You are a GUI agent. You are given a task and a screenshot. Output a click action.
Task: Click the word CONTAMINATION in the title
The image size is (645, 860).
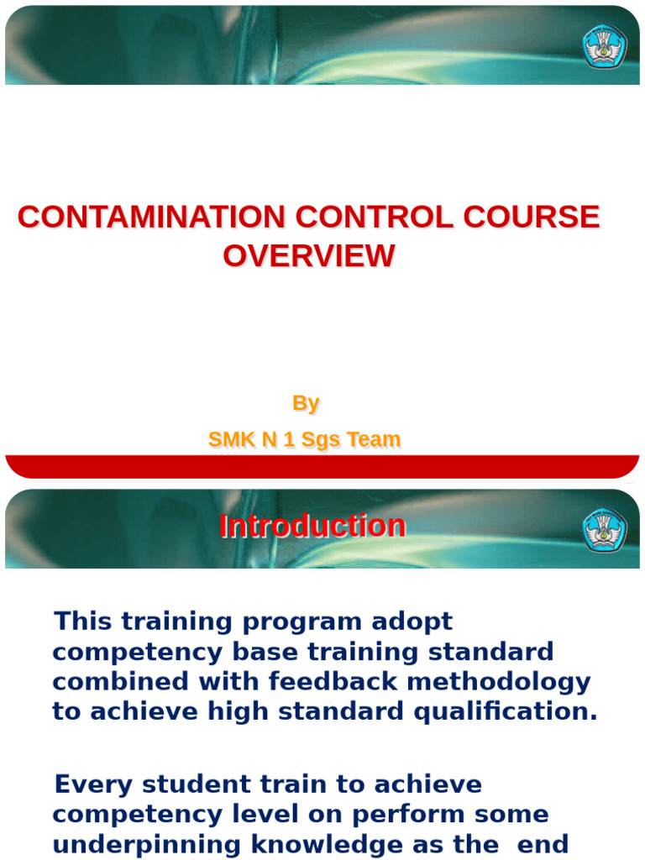[x=151, y=218]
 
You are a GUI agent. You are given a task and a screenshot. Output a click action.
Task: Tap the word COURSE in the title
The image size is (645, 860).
[x=531, y=218]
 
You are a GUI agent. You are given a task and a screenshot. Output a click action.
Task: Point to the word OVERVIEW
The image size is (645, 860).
[x=308, y=256]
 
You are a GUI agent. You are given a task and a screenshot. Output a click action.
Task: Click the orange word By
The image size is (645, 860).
[x=306, y=403]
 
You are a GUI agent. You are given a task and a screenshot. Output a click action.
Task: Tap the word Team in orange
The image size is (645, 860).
[x=375, y=439]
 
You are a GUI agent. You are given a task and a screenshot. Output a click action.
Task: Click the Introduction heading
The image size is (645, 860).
[x=312, y=527]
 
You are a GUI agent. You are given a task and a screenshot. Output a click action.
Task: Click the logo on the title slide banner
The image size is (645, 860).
[x=604, y=46]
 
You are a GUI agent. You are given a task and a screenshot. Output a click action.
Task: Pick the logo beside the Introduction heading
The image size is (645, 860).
[x=604, y=530]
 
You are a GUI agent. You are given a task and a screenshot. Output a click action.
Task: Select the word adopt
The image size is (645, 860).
[x=412, y=623]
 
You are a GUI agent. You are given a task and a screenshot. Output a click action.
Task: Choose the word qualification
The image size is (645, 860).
[x=504, y=711]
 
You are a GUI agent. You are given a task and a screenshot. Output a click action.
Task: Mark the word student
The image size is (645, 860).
[x=186, y=784]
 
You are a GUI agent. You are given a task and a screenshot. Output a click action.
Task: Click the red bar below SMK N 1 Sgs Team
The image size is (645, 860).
[x=322, y=467]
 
